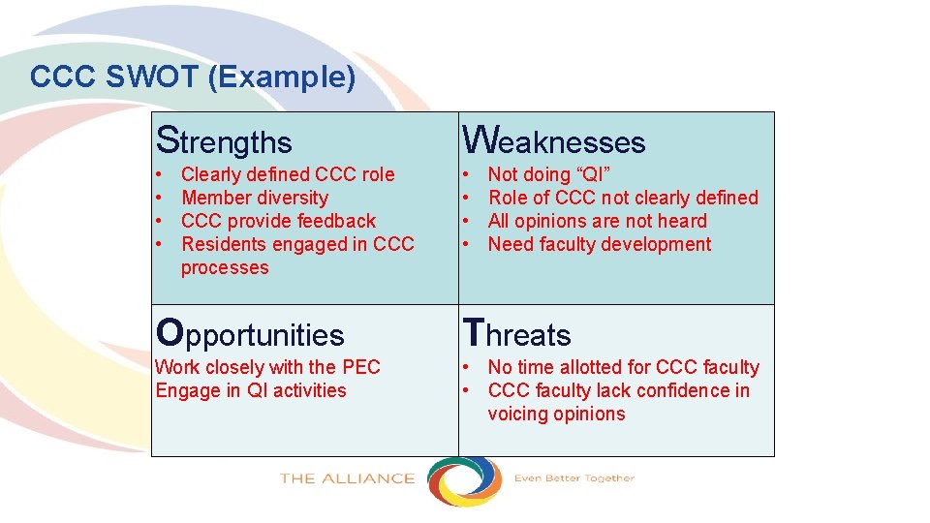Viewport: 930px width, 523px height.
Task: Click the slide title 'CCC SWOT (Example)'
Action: [193, 77]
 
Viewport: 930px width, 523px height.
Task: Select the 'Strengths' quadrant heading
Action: [224, 141]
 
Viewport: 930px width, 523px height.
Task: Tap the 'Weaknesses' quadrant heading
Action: [553, 141]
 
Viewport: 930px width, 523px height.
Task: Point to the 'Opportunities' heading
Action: [250, 334]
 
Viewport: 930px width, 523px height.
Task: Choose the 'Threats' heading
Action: [517, 334]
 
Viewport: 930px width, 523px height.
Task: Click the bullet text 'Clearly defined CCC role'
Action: [288, 174]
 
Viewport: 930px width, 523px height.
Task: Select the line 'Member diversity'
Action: [255, 198]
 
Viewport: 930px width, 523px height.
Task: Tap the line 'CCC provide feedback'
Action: [278, 221]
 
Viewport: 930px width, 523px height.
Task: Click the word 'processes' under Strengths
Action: [225, 267]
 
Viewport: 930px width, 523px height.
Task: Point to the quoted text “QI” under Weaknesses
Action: [594, 174]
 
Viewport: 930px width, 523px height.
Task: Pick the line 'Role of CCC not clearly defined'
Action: [623, 198]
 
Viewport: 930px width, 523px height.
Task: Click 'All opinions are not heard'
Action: [597, 221]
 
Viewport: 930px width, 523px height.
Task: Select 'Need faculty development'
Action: [600, 244]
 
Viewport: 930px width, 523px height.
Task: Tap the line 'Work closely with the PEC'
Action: [267, 367]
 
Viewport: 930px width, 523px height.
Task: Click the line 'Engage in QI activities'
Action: [251, 390]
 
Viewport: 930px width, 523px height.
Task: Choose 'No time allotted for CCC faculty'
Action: [623, 367]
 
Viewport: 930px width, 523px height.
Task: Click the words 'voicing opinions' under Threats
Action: [556, 414]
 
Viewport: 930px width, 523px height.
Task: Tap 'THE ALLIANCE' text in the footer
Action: [347, 478]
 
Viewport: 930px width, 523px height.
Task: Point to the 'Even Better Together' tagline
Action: [573, 478]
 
